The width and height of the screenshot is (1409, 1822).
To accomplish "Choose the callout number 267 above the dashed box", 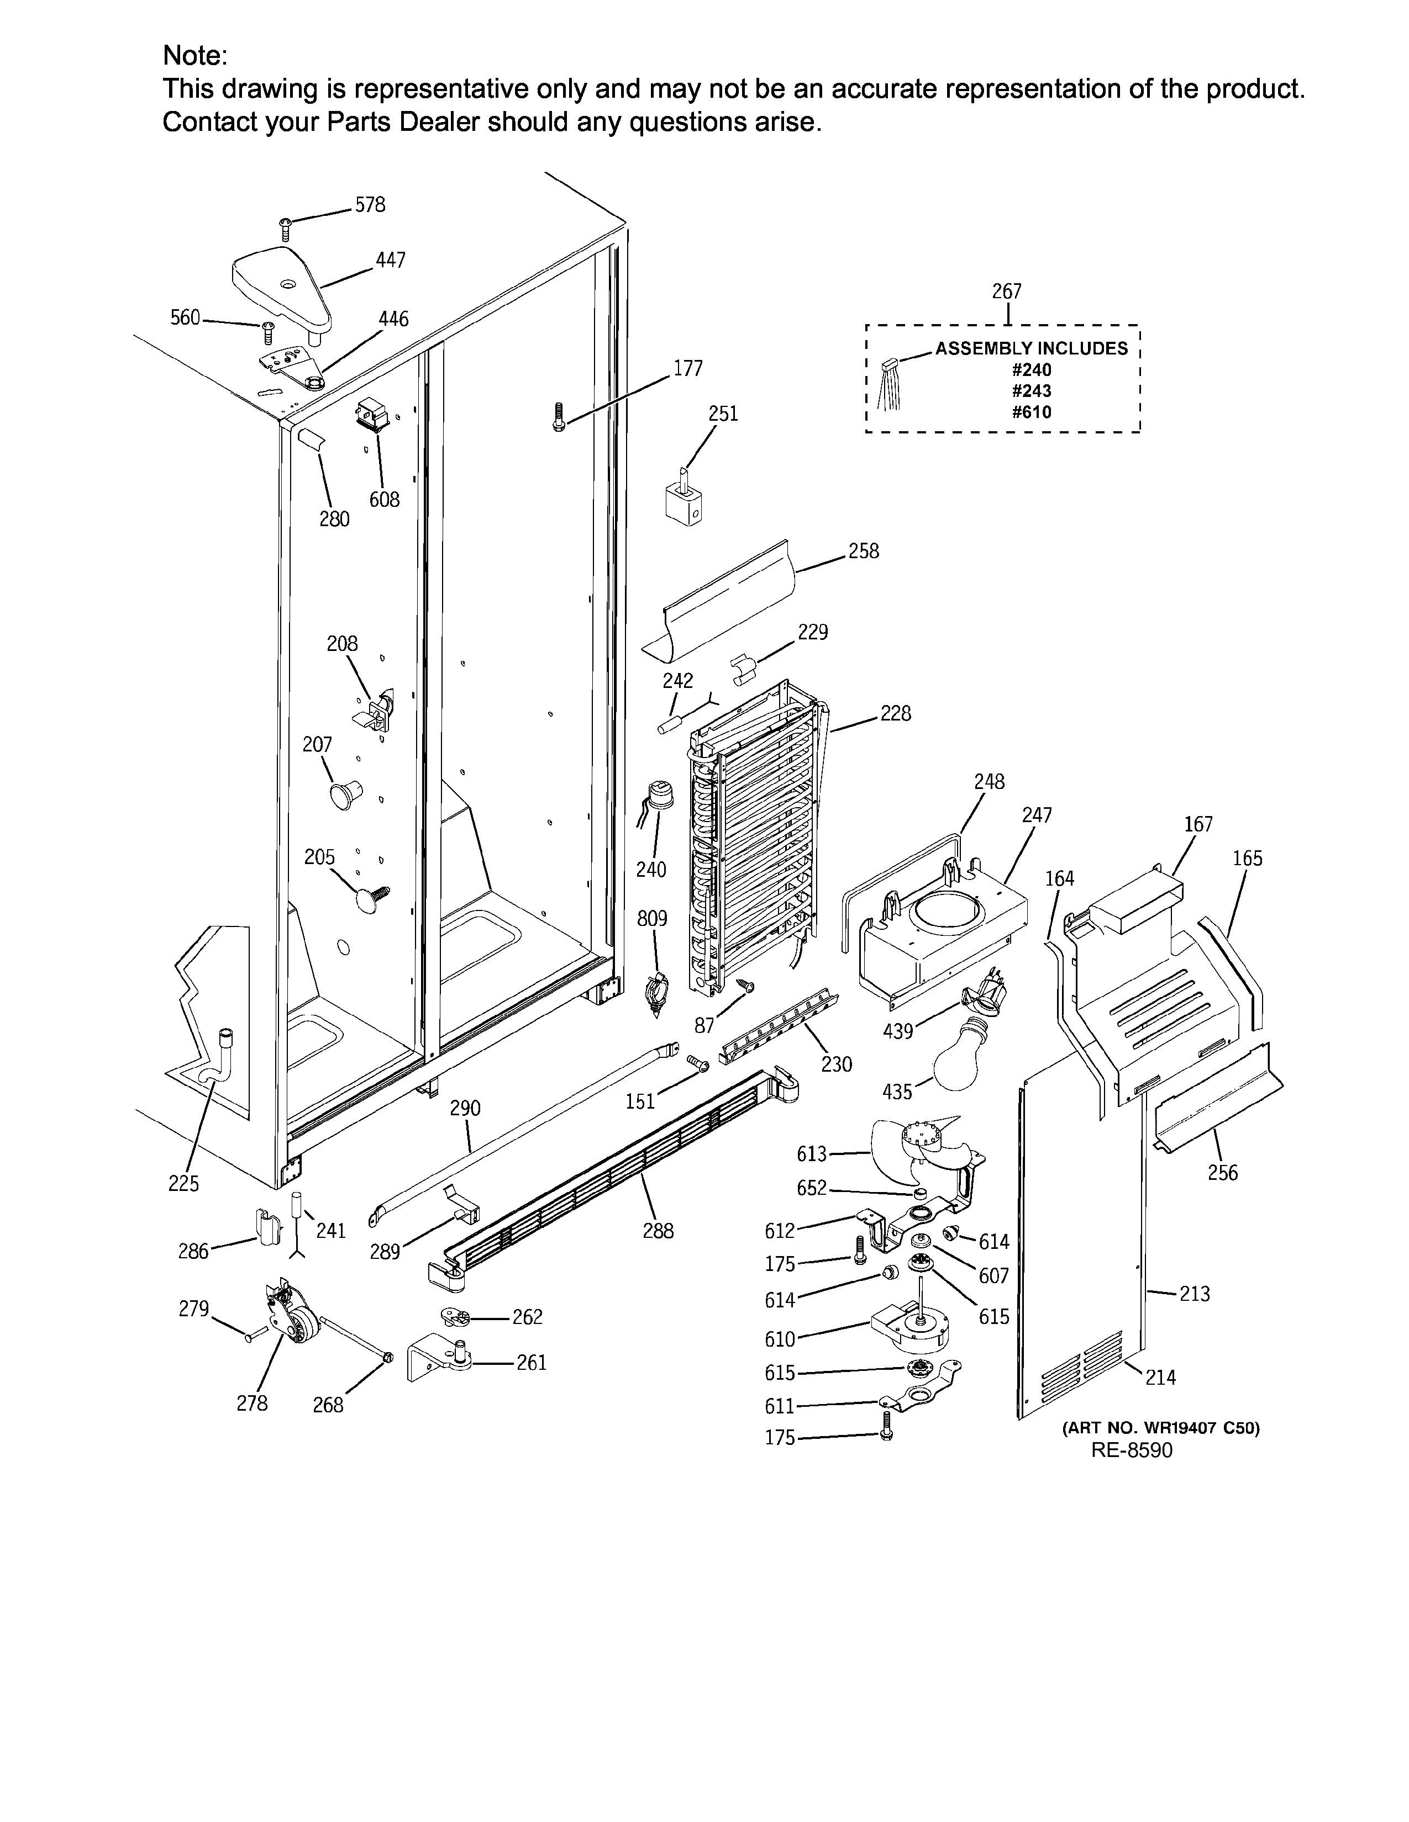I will pyautogui.click(x=1007, y=291).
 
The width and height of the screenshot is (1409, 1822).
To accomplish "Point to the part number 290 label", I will pyautogui.click(x=465, y=1108).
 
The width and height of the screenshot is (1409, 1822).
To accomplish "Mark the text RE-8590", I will pyautogui.click(x=1131, y=1450).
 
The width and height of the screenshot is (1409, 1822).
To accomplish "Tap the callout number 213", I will pyautogui.click(x=1195, y=1294).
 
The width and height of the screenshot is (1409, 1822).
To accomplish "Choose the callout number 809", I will pyautogui.click(x=652, y=919).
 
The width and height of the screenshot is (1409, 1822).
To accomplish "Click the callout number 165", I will pyautogui.click(x=1247, y=859).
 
